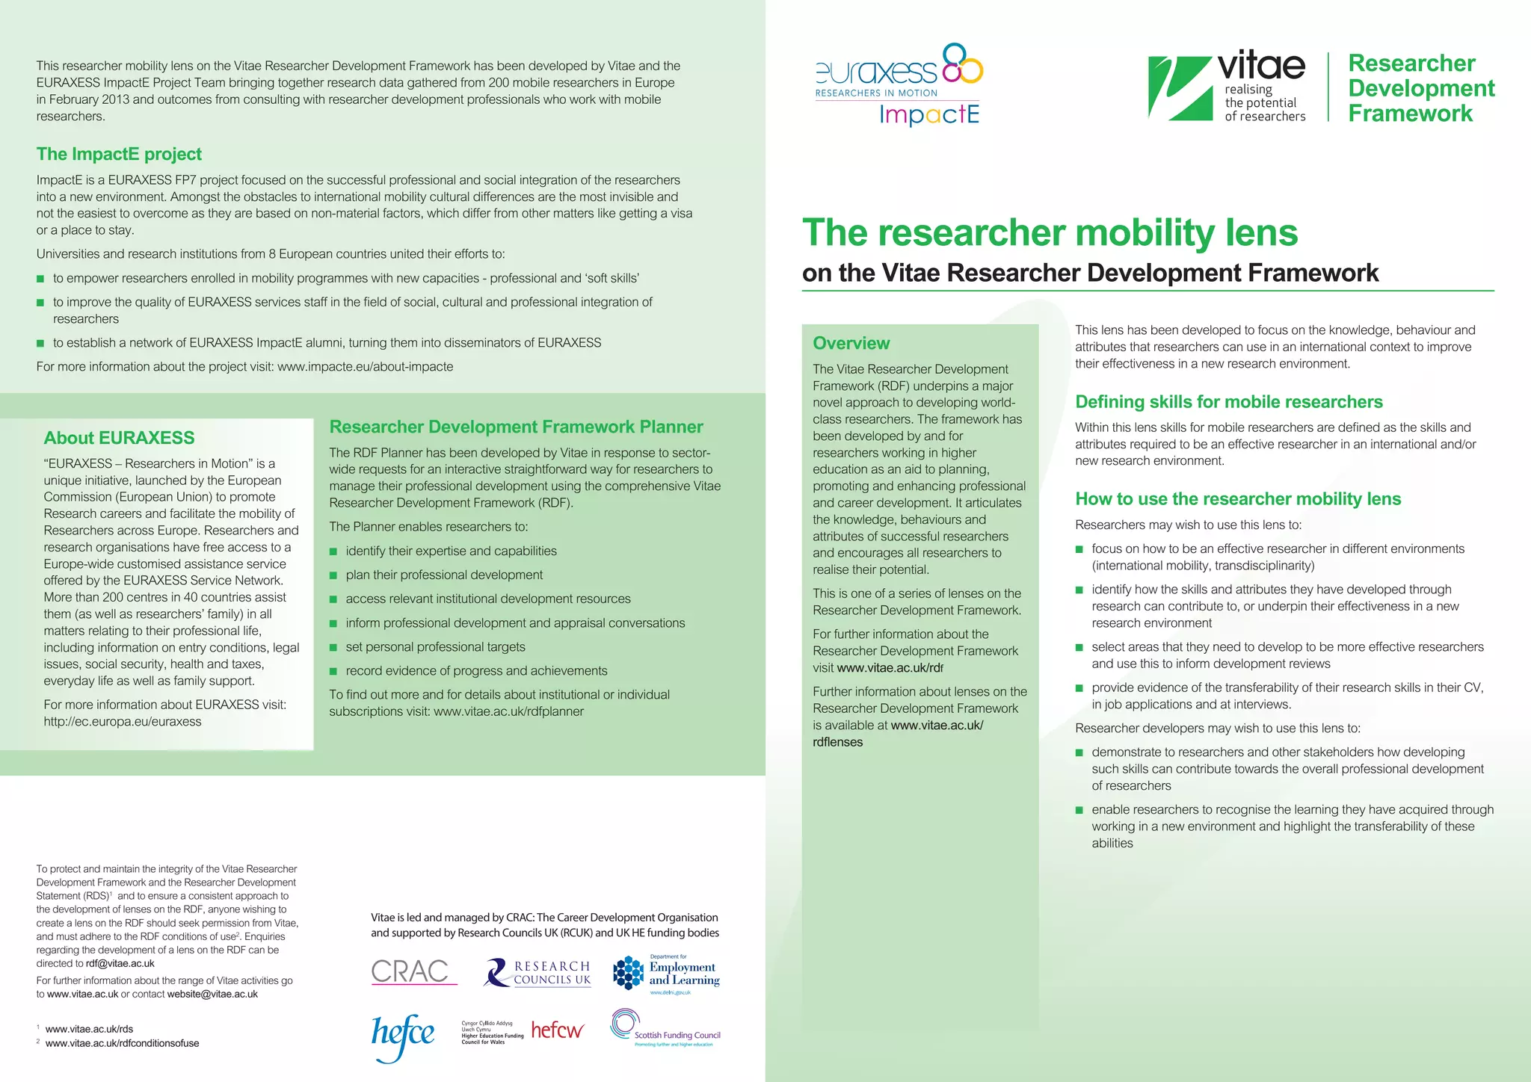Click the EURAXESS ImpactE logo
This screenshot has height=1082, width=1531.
899,84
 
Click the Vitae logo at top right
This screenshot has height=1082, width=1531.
1227,87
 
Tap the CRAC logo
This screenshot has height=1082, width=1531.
411,971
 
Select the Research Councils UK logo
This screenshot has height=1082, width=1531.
538,973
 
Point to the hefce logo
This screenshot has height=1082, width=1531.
402,1036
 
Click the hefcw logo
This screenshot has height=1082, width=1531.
557,1030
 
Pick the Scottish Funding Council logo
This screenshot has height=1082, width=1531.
665,1029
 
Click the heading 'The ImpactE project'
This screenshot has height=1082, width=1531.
119,154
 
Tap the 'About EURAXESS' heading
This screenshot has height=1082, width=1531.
119,438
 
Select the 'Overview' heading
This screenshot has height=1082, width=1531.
851,343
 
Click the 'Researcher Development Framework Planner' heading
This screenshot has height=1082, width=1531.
516,427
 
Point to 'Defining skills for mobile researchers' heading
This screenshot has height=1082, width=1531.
1228,402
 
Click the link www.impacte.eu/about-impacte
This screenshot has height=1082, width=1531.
365,367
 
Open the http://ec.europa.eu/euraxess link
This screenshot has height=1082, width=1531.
123,722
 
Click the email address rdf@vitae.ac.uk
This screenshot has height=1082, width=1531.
120,964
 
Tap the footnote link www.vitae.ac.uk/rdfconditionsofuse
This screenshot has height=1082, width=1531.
122,1044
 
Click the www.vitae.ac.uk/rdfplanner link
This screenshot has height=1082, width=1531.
508,711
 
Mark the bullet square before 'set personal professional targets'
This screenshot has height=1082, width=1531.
333,648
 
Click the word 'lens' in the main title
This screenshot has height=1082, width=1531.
1261,232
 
